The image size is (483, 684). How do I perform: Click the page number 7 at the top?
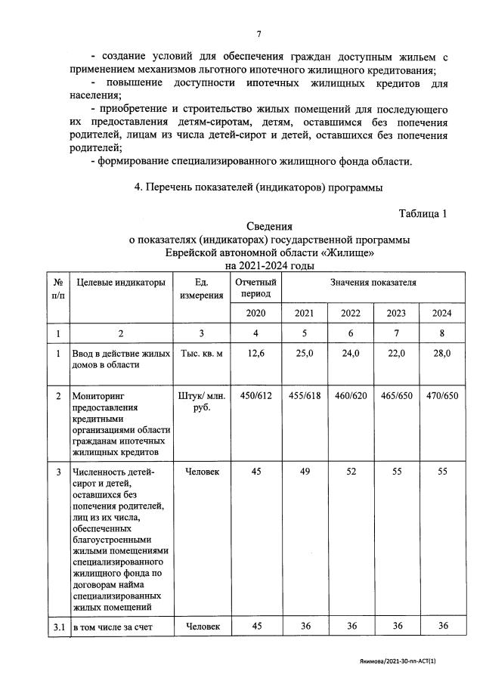(259, 34)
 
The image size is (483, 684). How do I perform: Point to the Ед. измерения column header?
(202, 289)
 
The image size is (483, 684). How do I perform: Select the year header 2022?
(350, 313)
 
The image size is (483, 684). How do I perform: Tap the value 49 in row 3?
(305, 472)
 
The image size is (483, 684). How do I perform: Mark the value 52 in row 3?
(350, 472)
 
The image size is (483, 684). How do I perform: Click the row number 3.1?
(58, 625)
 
